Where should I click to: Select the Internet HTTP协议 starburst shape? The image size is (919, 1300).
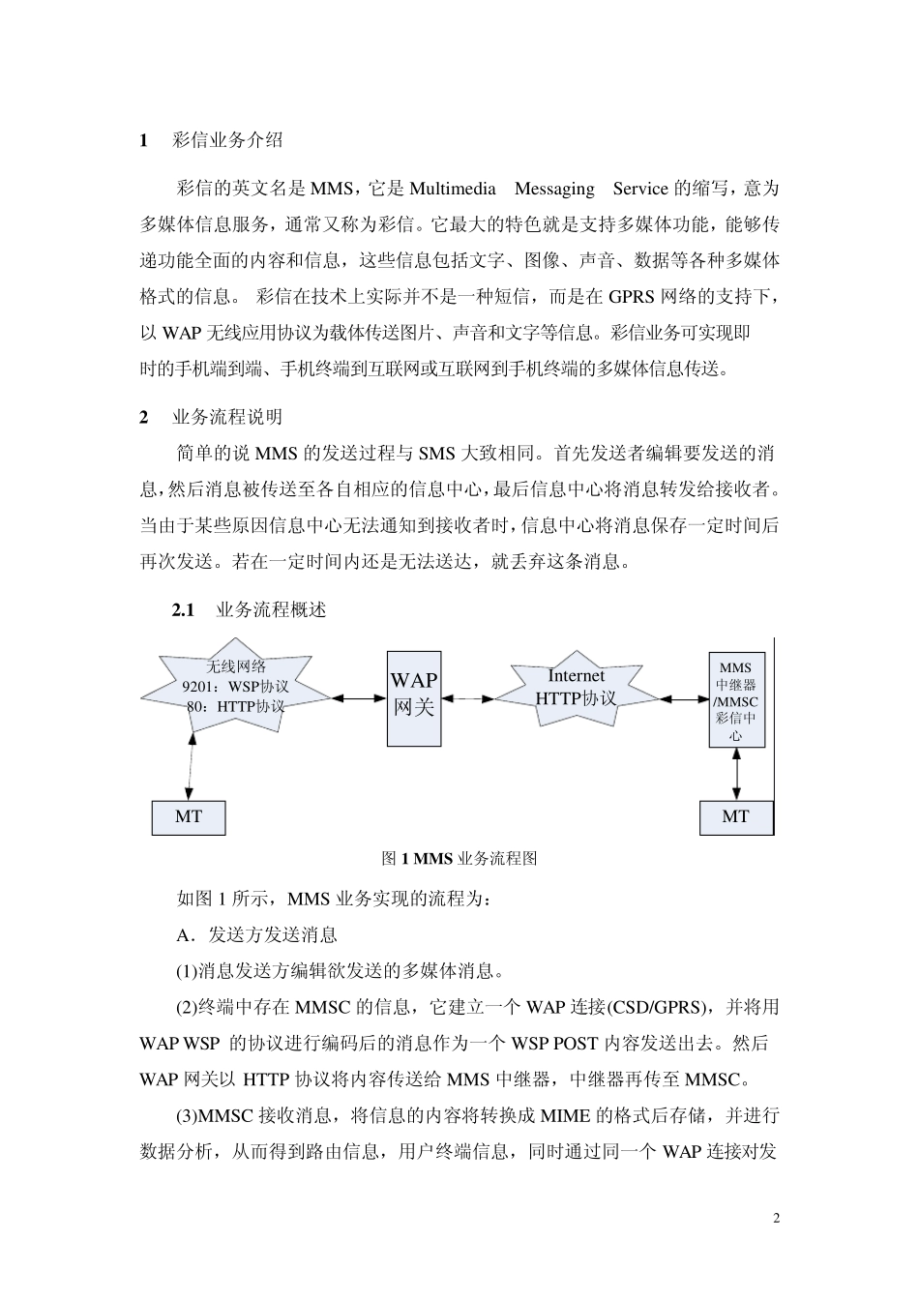576,689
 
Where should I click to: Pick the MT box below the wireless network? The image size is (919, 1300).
189,817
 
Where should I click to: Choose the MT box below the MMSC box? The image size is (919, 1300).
736,817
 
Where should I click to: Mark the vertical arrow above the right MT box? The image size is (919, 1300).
737,774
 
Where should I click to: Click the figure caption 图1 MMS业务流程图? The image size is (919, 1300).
459,858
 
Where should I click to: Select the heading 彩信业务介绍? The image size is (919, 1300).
227,140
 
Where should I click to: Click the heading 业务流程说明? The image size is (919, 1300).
227,417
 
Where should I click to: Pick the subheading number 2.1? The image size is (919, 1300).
183,610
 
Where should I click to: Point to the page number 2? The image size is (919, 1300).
776,1218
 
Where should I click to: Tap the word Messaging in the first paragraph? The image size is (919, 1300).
554,189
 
